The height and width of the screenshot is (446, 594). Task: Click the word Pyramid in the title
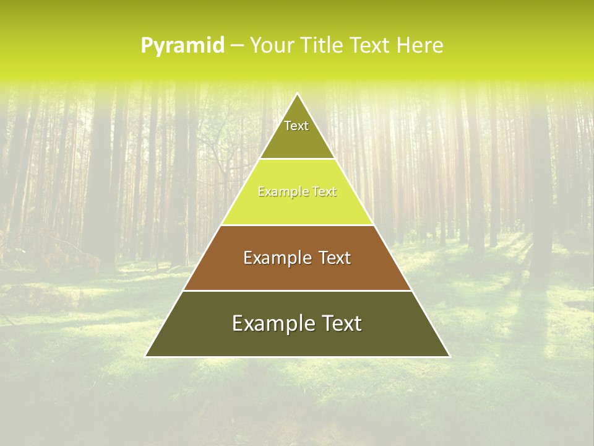coord(183,46)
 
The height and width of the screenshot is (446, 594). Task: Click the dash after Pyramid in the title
coord(236,46)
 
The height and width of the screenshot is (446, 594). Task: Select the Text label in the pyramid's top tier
coord(296,126)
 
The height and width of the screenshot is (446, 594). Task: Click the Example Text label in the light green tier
coord(297,192)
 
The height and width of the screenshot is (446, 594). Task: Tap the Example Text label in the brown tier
coord(297,258)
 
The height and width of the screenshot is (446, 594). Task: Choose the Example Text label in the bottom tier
coord(297,323)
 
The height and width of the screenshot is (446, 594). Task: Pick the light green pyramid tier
coord(297,208)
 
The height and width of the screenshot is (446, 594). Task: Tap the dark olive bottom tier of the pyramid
coord(297,341)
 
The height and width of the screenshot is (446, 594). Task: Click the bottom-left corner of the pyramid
coord(146,356)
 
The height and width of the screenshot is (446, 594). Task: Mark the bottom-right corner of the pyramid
coord(449,356)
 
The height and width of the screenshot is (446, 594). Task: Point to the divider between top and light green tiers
coord(297,159)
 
